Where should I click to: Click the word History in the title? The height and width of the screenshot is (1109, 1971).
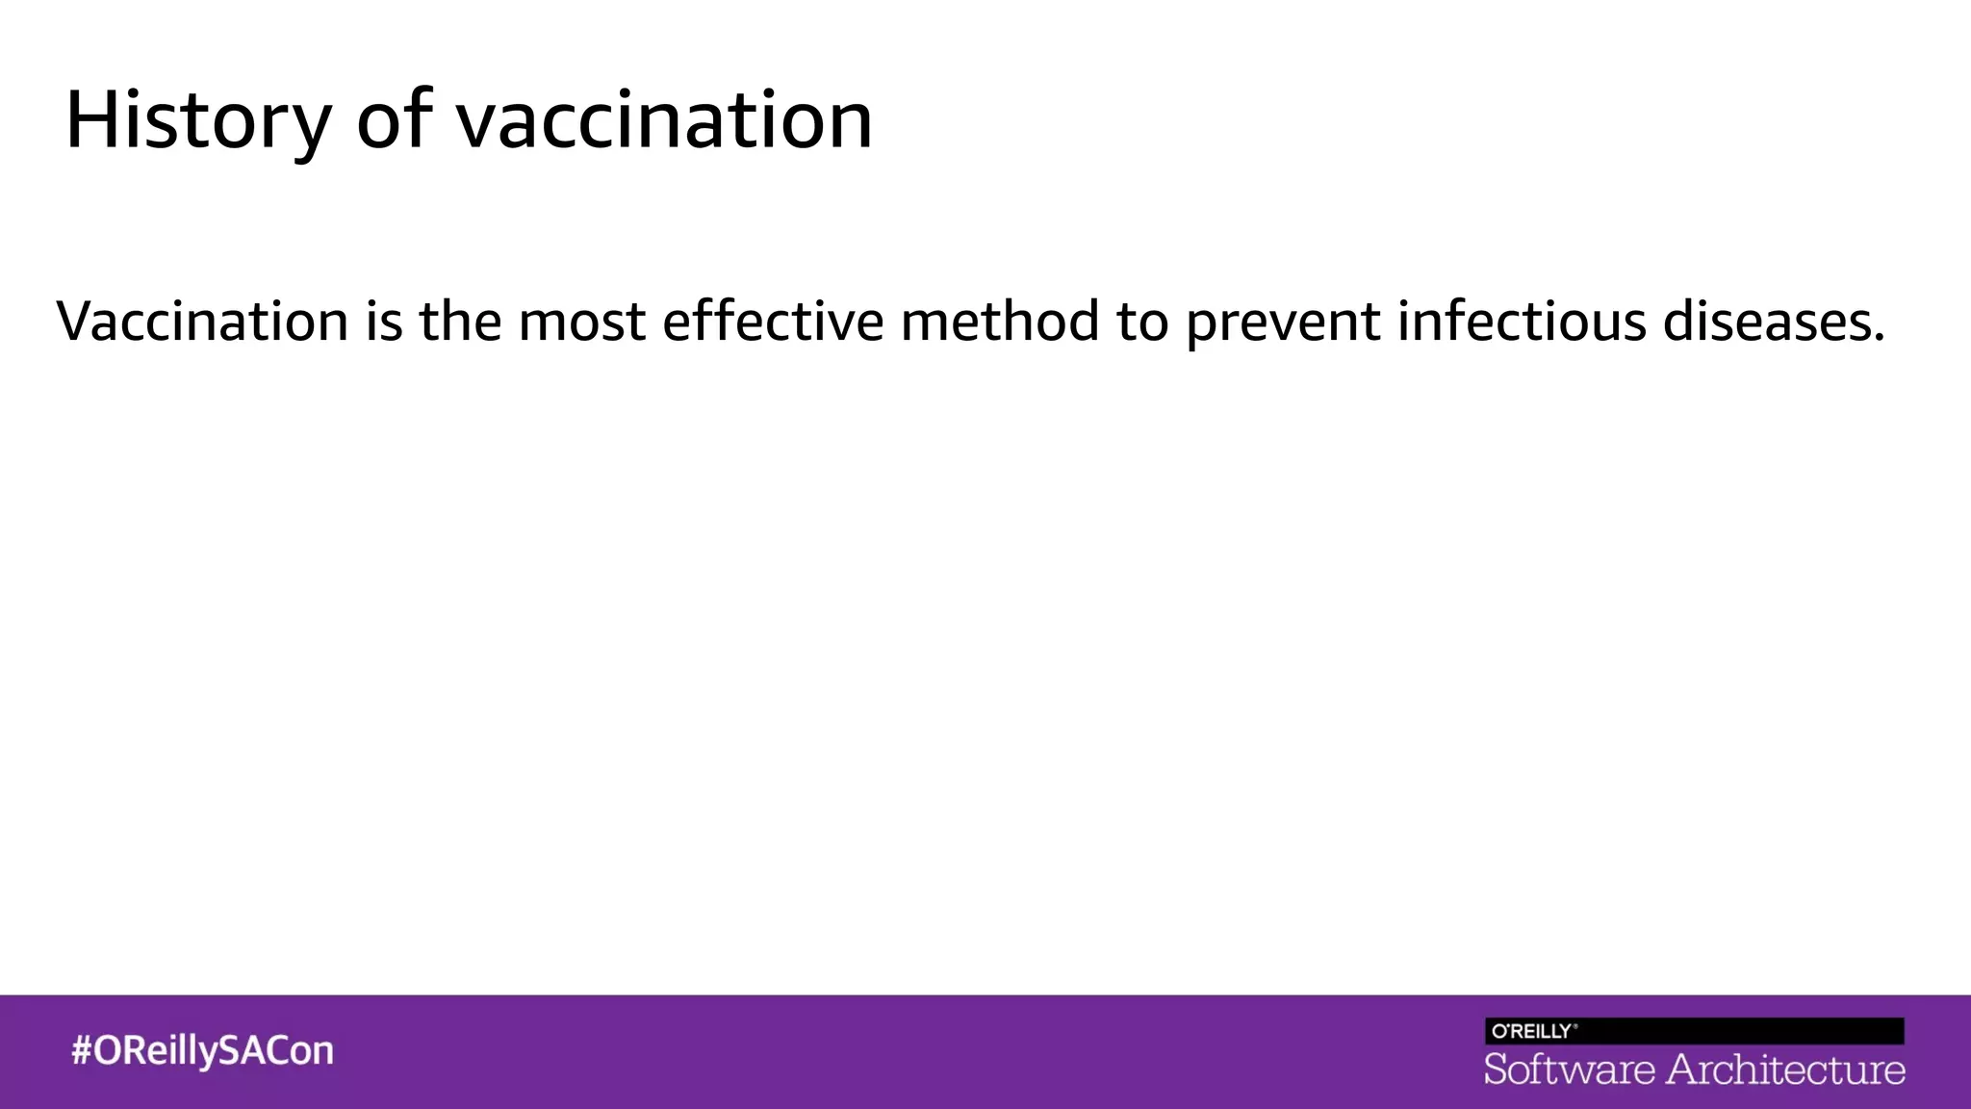pos(197,121)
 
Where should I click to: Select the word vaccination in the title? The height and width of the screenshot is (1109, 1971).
pos(664,121)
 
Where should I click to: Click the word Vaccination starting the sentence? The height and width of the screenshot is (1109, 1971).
pos(202,322)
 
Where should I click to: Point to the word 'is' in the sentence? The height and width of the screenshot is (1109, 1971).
pos(383,322)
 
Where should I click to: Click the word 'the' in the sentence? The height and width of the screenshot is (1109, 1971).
pos(460,322)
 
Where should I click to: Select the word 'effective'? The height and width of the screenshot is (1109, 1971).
pos(773,322)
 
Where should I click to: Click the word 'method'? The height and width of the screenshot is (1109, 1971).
pos(1000,322)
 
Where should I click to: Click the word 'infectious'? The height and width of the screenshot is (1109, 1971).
pos(1522,322)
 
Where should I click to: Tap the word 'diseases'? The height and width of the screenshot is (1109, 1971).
pos(1766,322)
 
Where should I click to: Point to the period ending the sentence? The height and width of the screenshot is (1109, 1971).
pos(1879,339)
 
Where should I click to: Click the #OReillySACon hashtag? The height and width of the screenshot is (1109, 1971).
pos(202,1050)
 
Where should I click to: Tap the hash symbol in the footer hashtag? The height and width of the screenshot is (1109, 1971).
pos(82,1050)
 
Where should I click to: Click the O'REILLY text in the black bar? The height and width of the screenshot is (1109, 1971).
pos(1532,1031)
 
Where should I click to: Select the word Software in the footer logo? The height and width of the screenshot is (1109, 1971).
pos(1569,1070)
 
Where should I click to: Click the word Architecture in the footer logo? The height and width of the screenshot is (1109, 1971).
pos(1785,1070)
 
